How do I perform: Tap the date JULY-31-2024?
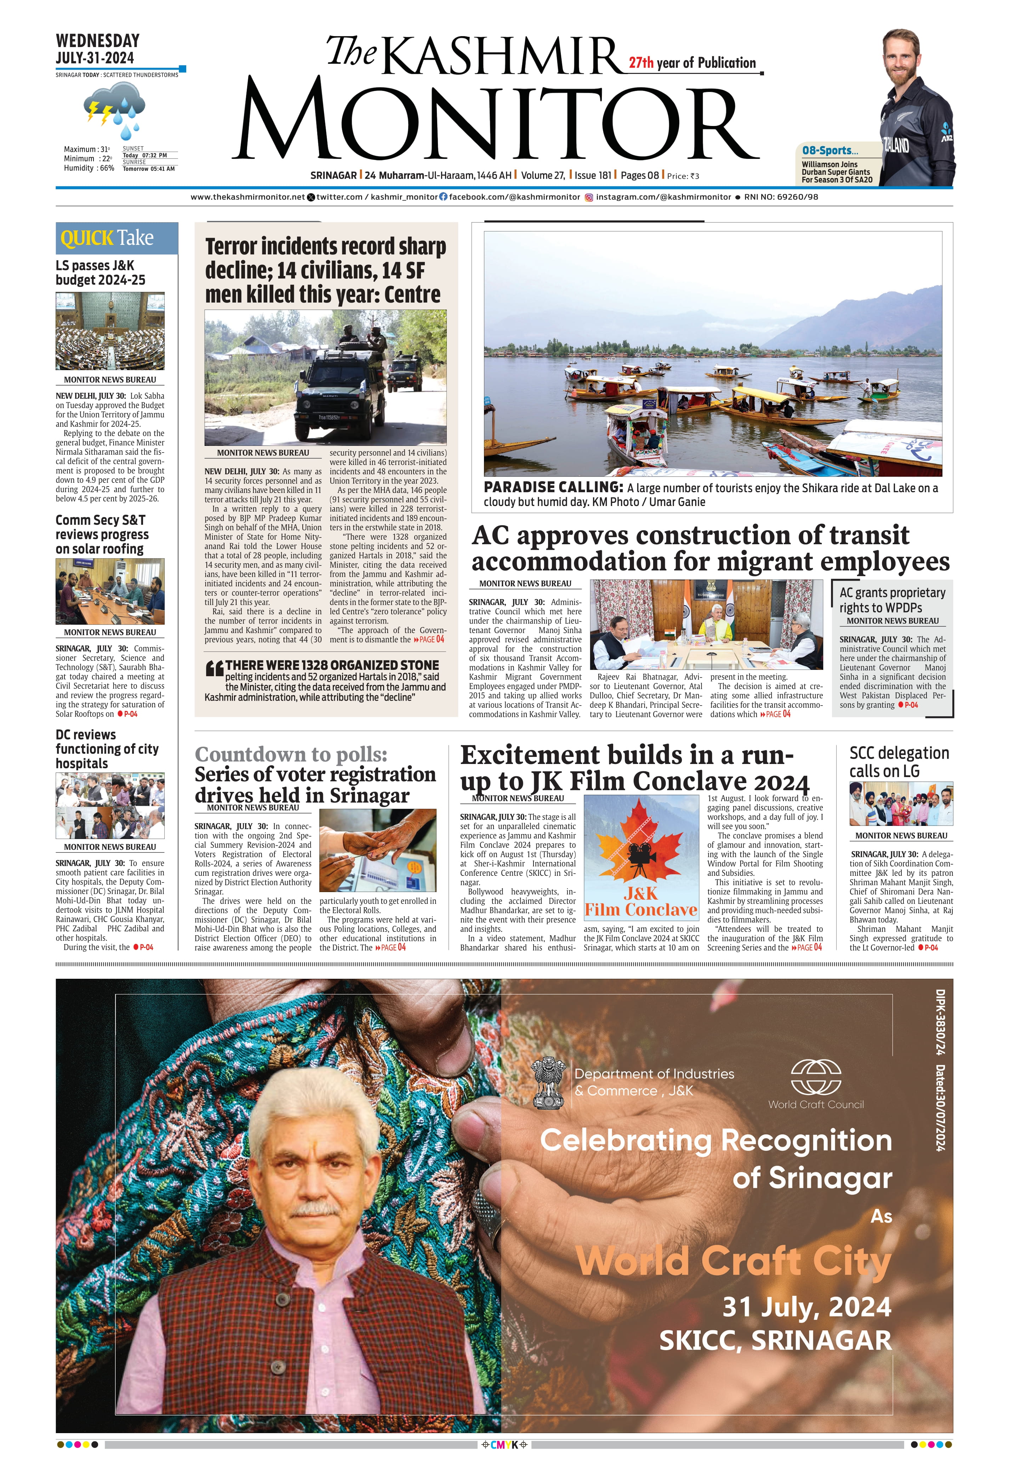coord(95,58)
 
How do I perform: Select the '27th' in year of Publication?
coord(641,62)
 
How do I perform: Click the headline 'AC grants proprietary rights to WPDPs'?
coord(892,599)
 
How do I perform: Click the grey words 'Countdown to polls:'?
coord(291,754)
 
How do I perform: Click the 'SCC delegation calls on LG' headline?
coord(899,762)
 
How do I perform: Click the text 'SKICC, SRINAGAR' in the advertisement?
coord(775,1341)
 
